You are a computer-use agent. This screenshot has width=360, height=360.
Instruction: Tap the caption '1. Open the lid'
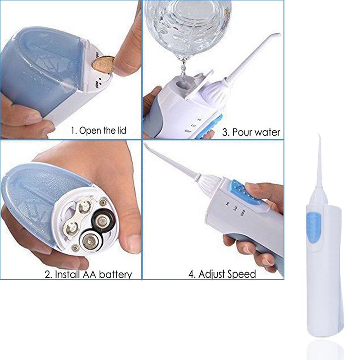[x=99, y=131]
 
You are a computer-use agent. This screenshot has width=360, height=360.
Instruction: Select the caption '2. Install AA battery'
[x=88, y=274]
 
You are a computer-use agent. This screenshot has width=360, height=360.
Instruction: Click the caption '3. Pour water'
[x=252, y=132]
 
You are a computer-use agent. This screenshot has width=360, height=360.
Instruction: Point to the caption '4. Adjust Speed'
[x=221, y=274]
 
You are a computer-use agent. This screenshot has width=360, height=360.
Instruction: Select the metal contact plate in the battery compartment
[x=74, y=218]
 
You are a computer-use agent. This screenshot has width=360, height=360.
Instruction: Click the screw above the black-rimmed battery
[x=103, y=202]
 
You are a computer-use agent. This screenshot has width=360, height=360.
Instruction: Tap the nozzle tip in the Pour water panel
[x=278, y=35]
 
